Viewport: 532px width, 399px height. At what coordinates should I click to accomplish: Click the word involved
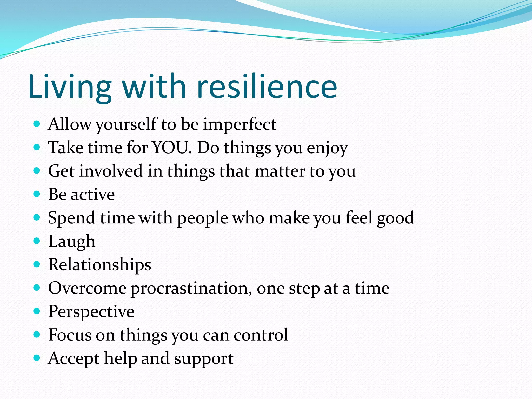click(x=111, y=171)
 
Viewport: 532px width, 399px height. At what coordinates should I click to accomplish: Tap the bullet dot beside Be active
click(x=37, y=194)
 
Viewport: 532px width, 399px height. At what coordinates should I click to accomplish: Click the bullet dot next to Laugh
click(x=37, y=241)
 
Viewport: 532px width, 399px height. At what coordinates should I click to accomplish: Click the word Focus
click(x=70, y=335)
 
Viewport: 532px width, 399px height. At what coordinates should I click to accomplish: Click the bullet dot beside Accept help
click(x=37, y=358)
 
